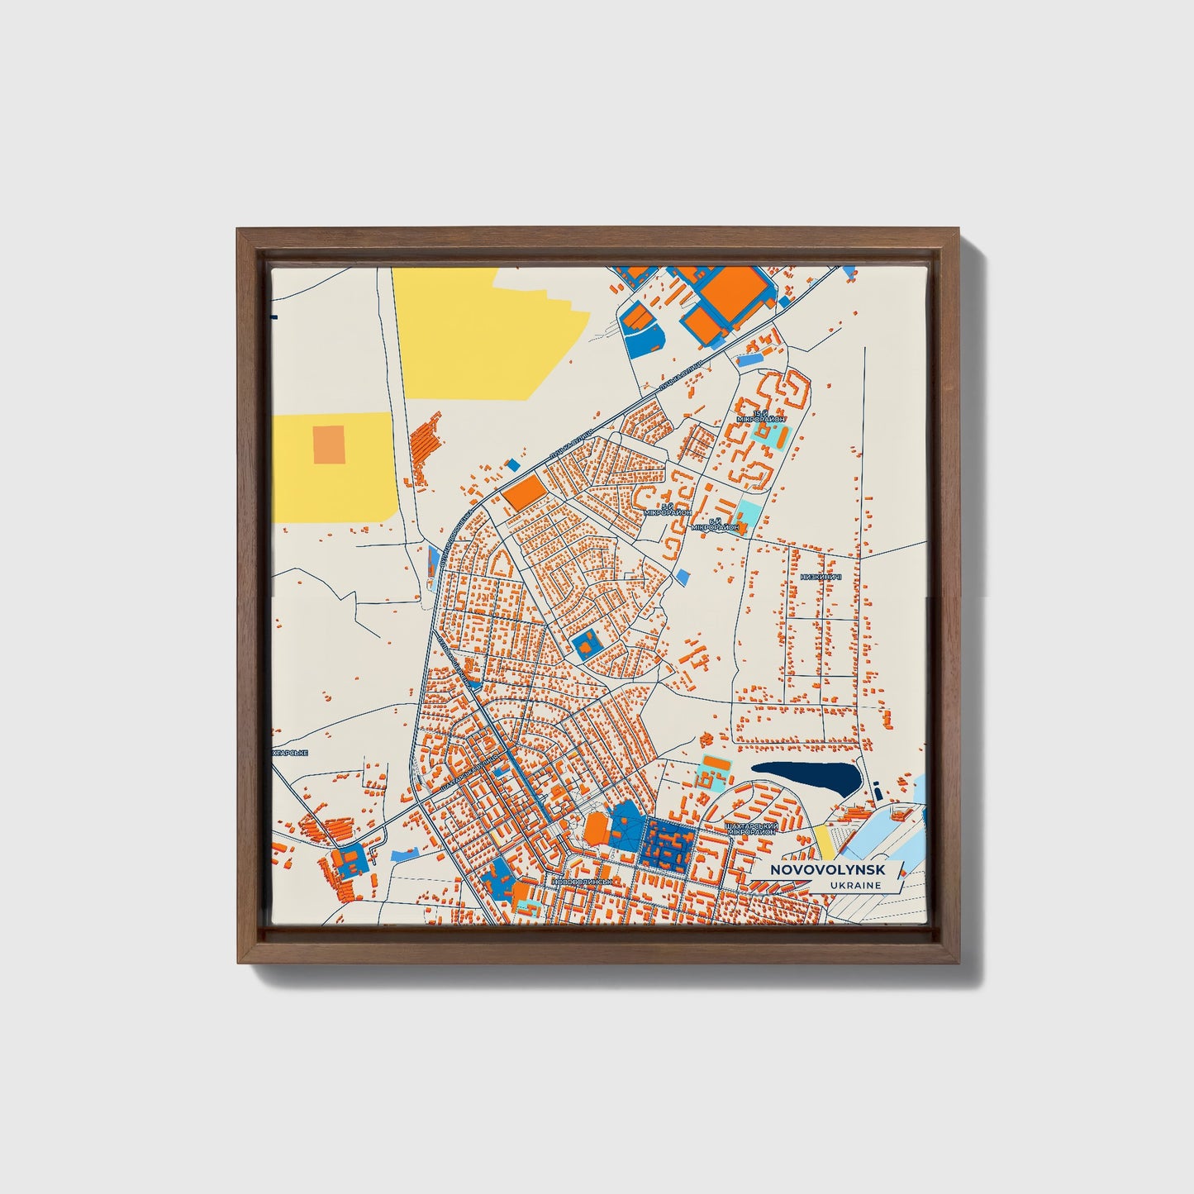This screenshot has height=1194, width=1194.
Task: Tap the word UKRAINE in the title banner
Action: coord(858,886)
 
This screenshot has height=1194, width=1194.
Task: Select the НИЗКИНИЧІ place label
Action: coord(821,577)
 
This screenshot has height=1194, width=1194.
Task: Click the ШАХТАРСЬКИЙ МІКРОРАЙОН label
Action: coord(749,828)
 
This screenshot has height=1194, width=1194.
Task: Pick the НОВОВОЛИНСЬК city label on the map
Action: coord(583,882)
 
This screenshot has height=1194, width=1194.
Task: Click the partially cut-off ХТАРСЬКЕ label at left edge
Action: coord(289,753)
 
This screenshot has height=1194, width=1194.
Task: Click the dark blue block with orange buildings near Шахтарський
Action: coord(669,845)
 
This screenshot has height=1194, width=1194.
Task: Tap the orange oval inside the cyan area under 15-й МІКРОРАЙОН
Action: coord(771,435)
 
